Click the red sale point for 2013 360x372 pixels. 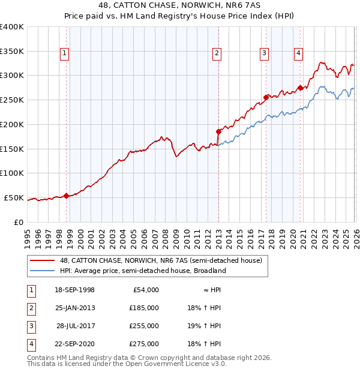pos(218,131)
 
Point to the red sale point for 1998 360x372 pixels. pos(66,195)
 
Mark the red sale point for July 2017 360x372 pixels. pos(266,97)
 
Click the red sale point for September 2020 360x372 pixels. pos(299,87)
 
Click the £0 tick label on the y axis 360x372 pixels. pos(18,221)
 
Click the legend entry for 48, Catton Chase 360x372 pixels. pos(161,261)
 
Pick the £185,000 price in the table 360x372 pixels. pos(144,308)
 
